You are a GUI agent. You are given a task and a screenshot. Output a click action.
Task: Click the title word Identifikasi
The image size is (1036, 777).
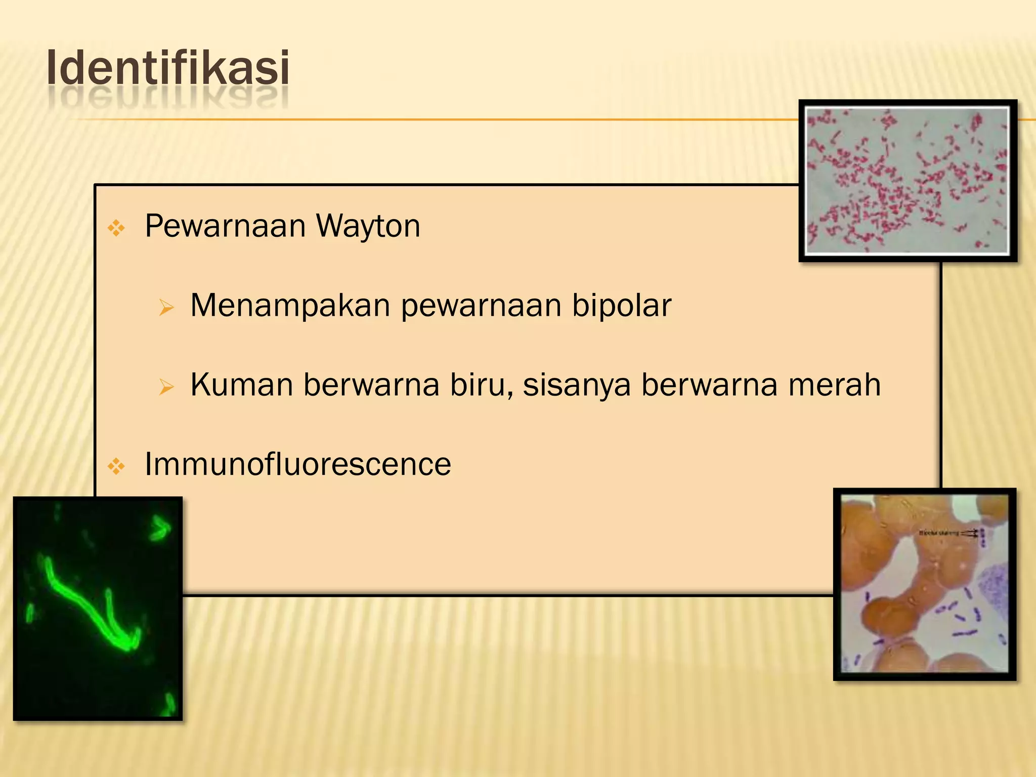168,68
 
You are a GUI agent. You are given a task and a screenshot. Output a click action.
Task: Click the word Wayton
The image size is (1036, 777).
368,226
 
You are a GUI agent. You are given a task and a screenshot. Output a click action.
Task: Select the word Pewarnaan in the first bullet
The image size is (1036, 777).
225,226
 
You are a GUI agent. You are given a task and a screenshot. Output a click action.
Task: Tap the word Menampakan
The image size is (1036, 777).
290,306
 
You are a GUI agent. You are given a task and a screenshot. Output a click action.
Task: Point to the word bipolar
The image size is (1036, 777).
621,306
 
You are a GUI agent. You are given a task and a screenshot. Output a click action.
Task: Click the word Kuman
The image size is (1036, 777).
241,385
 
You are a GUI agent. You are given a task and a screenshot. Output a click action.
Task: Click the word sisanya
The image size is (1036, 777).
576,386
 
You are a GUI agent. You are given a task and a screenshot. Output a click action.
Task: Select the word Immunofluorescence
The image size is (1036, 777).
297,464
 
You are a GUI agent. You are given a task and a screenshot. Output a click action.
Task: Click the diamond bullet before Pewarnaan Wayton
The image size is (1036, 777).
116,228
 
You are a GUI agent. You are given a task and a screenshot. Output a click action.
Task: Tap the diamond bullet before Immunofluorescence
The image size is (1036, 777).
116,466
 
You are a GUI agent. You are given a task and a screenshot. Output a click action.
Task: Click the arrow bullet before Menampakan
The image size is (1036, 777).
166,308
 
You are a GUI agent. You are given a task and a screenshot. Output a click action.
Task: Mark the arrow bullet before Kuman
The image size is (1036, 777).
166,387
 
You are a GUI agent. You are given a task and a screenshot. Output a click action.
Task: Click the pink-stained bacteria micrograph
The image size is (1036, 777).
907,181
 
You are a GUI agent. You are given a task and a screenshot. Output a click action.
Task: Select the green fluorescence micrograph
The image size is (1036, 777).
98,608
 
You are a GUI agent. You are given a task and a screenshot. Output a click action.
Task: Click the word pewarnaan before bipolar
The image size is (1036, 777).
481,307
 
